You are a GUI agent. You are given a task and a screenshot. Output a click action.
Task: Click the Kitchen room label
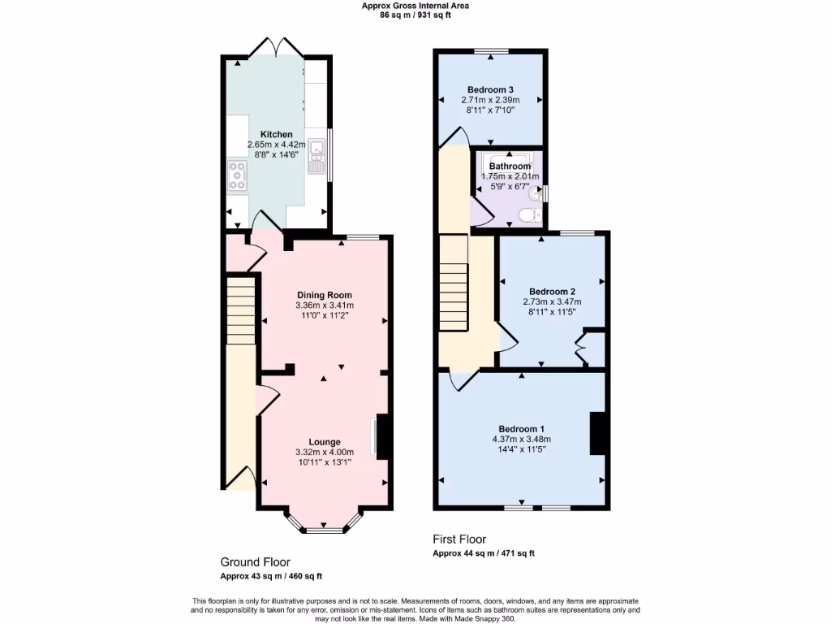point(276,134)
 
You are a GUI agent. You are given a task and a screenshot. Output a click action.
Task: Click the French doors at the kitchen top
point(277,49)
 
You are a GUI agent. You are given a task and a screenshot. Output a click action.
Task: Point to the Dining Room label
point(325,295)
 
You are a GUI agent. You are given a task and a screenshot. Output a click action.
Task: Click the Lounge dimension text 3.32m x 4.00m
point(325,453)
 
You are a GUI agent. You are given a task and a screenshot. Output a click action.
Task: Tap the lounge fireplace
point(383,437)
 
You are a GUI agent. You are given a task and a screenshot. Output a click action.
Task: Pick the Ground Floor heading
point(255,562)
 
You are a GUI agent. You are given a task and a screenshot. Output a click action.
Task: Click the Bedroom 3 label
point(490,89)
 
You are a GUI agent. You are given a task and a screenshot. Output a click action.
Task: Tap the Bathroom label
point(510,166)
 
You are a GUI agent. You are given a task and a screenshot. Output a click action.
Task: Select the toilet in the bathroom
point(528,214)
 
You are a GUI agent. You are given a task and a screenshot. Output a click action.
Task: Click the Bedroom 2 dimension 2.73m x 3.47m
point(552,301)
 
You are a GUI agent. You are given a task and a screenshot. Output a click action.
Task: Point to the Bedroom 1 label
point(521,429)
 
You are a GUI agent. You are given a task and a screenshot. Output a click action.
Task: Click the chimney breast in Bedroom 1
point(598,434)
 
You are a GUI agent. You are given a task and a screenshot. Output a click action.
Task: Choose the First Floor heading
point(459,539)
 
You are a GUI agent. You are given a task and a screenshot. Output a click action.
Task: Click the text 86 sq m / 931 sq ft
point(415,15)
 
